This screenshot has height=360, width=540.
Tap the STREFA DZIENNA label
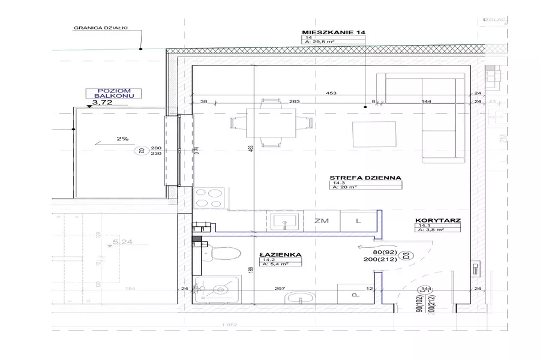tap(364, 178)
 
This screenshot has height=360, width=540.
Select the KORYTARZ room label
tap(437, 221)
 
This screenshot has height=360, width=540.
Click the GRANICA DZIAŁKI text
tap(100, 28)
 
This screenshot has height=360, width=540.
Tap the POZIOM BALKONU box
tap(113, 92)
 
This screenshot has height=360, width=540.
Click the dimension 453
tap(331, 93)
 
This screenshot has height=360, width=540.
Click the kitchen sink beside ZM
tap(284, 221)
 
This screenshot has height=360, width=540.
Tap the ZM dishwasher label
tap(322, 221)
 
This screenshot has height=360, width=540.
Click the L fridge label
tap(358, 221)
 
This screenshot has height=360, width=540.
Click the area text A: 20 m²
tap(344, 187)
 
